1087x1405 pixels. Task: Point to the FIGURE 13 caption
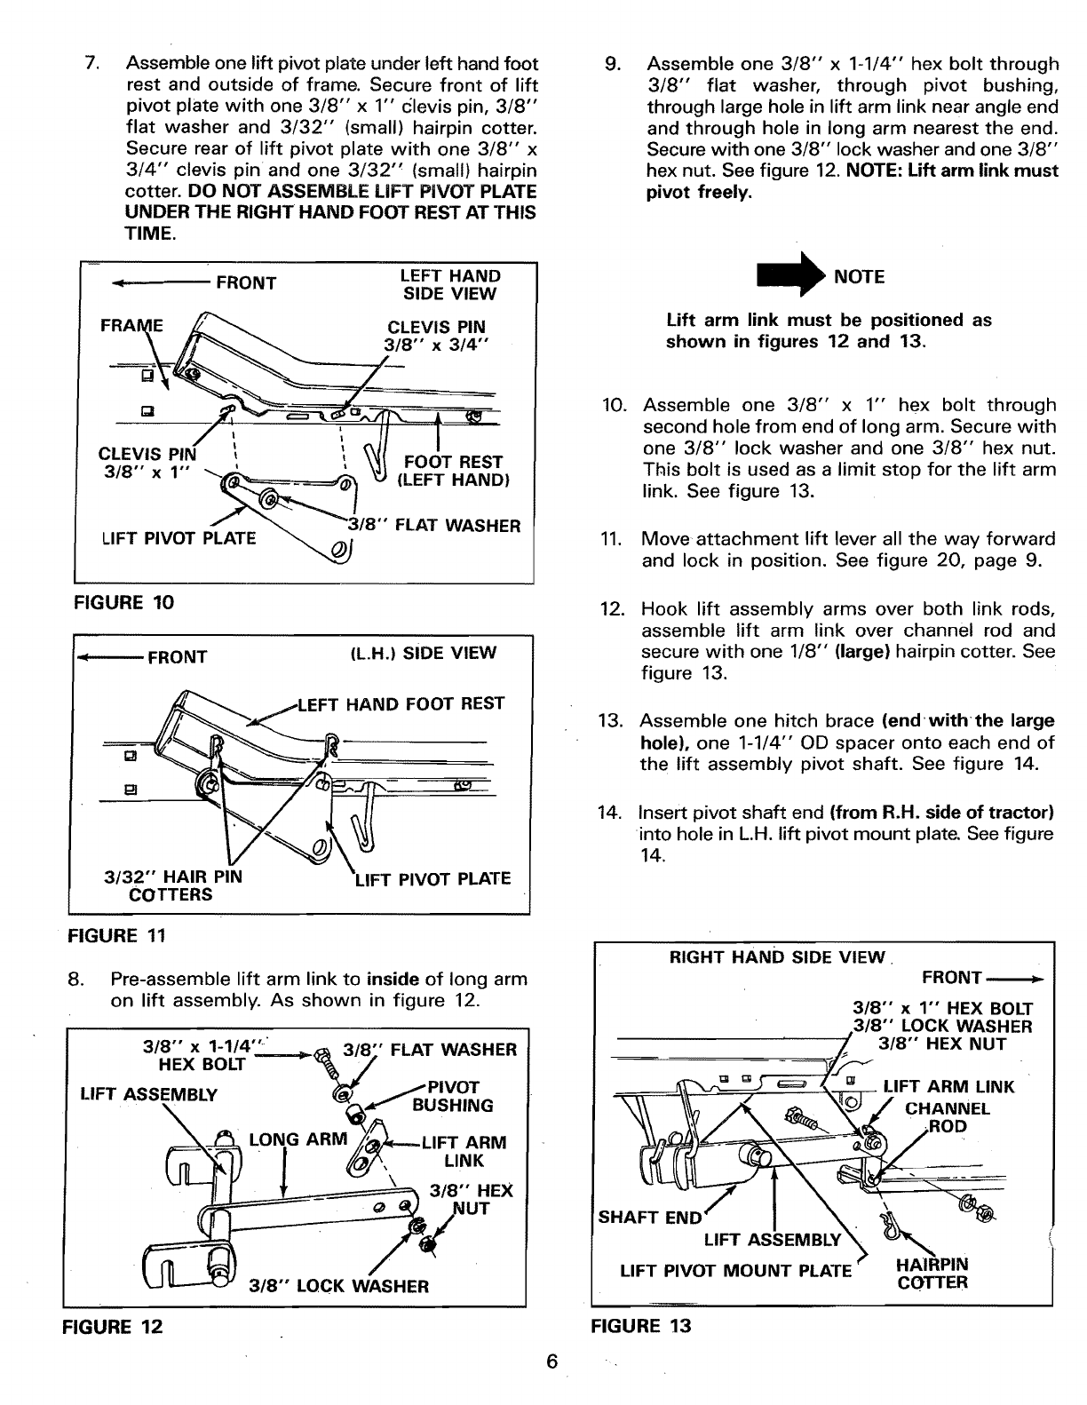click(641, 1326)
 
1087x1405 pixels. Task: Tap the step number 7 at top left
click(90, 64)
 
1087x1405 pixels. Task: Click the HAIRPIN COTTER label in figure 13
click(932, 1274)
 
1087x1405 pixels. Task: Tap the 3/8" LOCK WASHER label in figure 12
click(338, 1286)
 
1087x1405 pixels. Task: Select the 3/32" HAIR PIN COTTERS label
click(173, 886)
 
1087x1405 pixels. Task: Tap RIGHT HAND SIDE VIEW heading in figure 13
click(776, 957)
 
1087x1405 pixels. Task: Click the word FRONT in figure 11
click(177, 657)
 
